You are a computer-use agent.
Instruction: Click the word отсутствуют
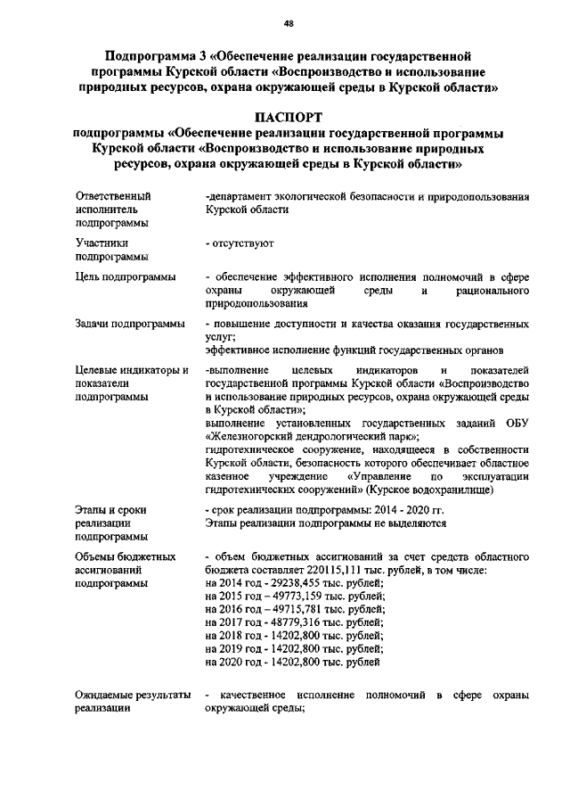[242, 242]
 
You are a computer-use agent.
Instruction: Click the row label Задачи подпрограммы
[130, 323]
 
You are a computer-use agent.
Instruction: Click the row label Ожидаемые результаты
[134, 695]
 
